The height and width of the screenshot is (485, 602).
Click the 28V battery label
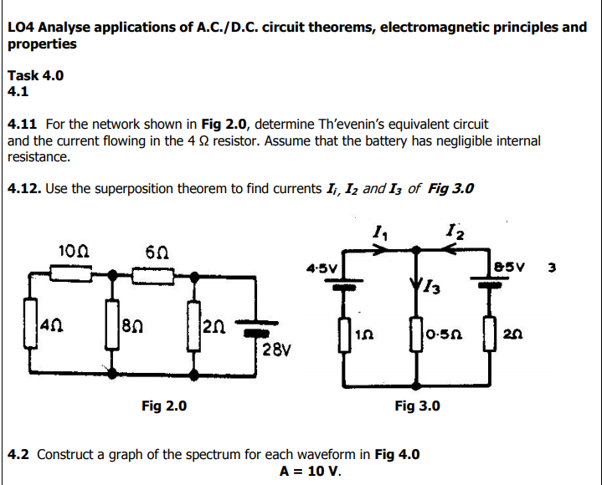274,348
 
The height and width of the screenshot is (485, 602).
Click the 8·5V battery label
508,268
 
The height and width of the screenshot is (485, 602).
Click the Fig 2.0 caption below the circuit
164,406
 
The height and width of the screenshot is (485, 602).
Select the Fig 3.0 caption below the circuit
417,406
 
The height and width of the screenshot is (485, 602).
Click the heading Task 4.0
35,75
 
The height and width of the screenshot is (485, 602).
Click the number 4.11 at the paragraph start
23,125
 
